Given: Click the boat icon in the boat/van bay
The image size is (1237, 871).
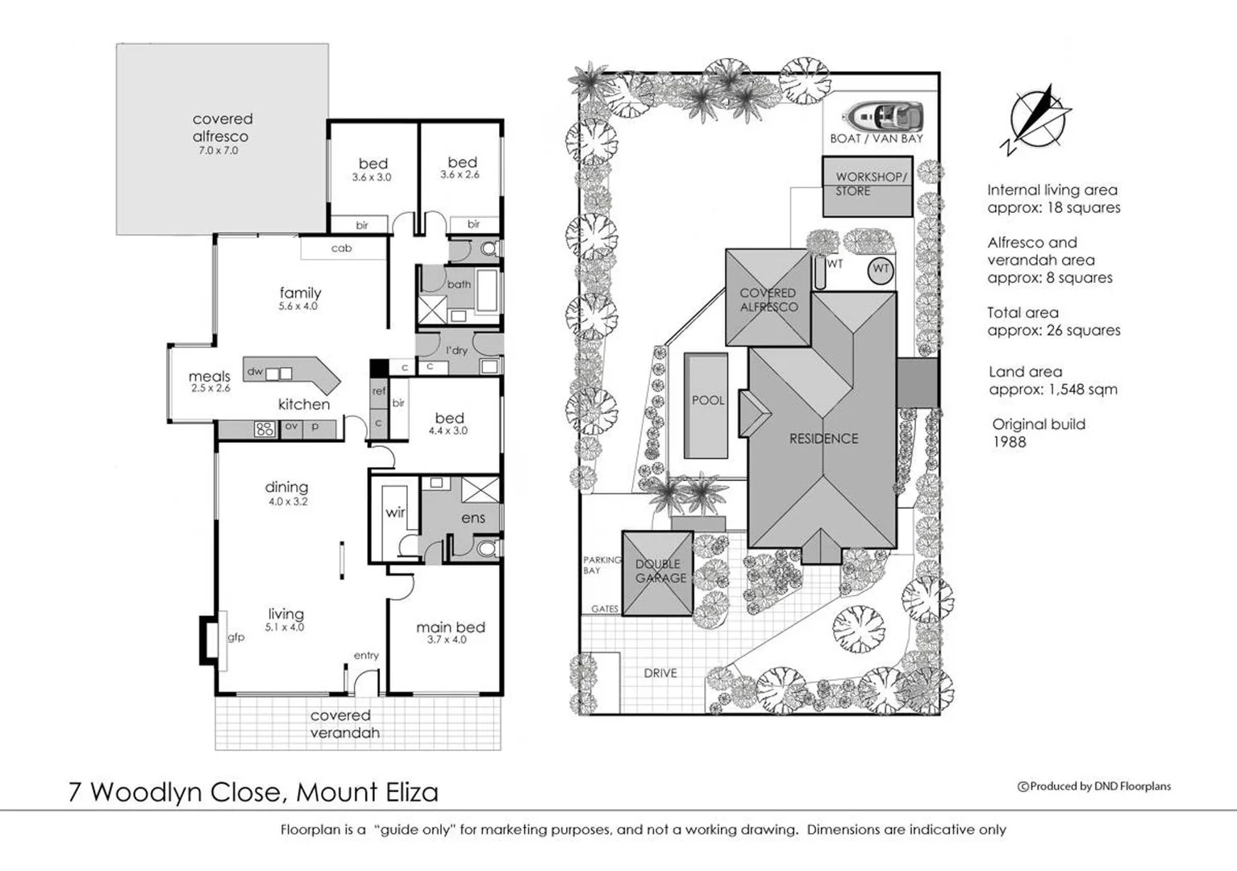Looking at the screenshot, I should (882, 116).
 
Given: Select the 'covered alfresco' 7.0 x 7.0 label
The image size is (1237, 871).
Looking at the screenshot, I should (222, 133).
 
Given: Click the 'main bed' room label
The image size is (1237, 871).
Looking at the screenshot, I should (450, 631).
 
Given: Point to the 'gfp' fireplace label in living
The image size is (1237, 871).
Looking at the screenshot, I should (235, 637).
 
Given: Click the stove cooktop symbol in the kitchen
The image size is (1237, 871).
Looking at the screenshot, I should (264, 429).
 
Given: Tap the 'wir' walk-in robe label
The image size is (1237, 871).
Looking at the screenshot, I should (395, 512).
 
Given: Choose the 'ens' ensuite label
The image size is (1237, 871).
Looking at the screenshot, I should (473, 518).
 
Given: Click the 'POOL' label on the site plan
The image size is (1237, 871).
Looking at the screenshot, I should (707, 400).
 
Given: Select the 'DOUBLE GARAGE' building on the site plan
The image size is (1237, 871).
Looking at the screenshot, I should (658, 573).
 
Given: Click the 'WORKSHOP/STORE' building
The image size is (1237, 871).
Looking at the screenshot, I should (868, 185).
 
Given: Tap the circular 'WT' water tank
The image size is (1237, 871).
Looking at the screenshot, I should (880, 269).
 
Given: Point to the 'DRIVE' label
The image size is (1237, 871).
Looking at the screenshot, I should (660, 673).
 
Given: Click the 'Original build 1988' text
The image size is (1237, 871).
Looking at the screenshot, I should (1038, 432).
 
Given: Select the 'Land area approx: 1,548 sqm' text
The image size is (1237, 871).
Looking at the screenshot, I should (1052, 381).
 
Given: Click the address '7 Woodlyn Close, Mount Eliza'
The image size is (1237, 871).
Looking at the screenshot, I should (253, 792).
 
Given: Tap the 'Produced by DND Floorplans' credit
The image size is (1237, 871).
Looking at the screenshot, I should (1094, 786).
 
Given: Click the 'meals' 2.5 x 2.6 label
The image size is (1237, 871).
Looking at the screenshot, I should (210, 381).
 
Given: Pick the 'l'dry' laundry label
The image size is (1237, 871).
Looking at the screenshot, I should (456, 351).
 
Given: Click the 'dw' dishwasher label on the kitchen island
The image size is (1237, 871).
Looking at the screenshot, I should (255, 372).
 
